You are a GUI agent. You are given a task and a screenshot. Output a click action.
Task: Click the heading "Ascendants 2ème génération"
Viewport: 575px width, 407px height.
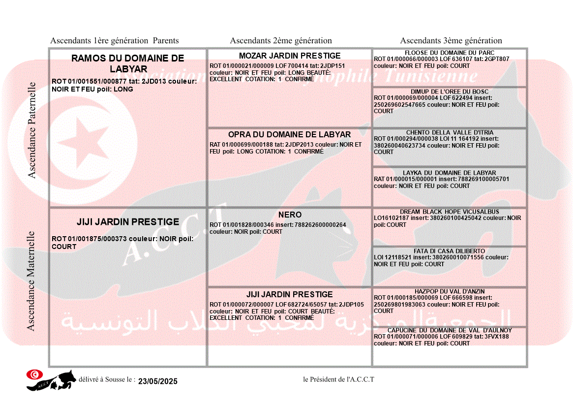tap(281, 41)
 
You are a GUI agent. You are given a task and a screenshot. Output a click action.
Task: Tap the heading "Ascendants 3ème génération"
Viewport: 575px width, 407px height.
tap(451, 41)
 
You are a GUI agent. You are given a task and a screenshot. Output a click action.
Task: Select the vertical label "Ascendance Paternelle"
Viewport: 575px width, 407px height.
tap(32, 130)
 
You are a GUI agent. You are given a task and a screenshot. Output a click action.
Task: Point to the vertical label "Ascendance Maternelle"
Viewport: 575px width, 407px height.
tap(31, 281)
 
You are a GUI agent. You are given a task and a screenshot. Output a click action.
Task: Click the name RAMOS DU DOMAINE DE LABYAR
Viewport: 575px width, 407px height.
tap(128, 63)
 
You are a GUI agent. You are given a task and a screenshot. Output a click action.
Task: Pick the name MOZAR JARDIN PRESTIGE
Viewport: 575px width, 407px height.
tap(290, 56)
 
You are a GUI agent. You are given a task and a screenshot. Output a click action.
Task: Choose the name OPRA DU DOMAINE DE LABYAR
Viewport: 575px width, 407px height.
tap(289, 134)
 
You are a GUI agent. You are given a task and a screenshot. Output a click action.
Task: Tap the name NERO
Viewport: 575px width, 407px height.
tap(290, 215)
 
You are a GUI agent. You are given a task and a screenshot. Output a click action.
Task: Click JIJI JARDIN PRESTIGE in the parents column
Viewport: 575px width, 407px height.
tap(128, 222)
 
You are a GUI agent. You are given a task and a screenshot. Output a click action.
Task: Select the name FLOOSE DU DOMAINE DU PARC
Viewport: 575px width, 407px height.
tap(450, 53)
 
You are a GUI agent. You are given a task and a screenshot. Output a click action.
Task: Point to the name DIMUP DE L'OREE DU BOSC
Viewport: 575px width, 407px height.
tap(450, 92)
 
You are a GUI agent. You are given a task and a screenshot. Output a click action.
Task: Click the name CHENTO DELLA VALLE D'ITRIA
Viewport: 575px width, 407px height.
tap(450, 132)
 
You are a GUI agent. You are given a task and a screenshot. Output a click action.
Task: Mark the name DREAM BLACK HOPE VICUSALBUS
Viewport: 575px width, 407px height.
tap(450, 212)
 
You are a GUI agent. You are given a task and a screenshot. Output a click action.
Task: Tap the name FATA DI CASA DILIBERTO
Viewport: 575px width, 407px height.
tap(450, 251)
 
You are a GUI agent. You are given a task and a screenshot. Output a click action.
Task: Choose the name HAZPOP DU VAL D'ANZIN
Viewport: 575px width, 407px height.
tap(450, 291)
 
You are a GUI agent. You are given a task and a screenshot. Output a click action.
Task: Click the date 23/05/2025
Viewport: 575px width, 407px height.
tap(157, 381)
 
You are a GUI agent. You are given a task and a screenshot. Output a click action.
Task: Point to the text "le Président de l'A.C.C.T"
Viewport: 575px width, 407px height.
tap(338, 379)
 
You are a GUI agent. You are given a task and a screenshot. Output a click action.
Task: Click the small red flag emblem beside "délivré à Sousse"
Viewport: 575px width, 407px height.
tap(33, 375)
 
